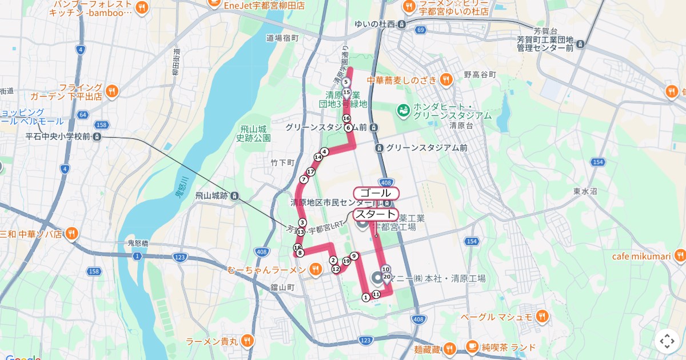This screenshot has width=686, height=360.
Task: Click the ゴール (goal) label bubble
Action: [x=376, y=193]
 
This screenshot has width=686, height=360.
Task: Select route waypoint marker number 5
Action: [x=346, y=82]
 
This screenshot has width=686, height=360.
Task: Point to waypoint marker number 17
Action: [x=311, y=171]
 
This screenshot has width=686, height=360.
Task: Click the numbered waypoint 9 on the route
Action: [x=354, y=256]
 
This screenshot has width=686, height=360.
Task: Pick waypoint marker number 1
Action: [x=366, y=297]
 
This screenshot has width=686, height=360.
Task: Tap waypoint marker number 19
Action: [x=346, y=261]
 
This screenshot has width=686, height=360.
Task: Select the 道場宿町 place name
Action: [x=282, y=38]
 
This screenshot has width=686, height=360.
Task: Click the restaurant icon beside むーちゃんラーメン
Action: [x=316, y=269]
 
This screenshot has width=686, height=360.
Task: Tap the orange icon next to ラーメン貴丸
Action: [x=247, y=341]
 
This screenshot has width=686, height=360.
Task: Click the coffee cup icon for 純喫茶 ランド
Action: [x=472, y=347]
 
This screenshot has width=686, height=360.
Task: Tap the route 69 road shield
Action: [x=421, y=30]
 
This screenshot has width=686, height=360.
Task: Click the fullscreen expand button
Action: [x=667, y=341]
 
